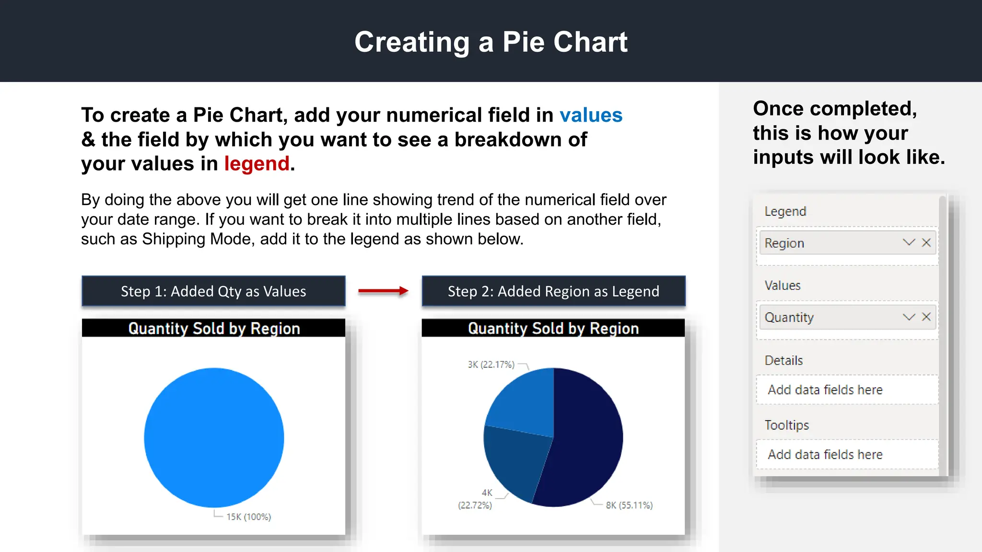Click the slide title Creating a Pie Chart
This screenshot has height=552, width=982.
491,42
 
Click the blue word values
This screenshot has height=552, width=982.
591,115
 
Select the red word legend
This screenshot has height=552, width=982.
257,164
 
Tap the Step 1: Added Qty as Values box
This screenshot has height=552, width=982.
213,291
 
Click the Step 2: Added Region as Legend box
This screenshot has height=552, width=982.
553,291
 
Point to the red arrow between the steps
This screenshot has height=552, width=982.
383,291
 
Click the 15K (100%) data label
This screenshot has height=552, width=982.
248,517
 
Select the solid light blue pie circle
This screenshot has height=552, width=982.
214,437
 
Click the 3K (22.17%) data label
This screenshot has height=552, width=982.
491,365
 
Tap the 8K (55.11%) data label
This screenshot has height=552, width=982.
629,506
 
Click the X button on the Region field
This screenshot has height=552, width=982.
926,242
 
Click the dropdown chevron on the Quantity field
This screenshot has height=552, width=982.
909,317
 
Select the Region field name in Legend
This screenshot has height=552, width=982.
784,243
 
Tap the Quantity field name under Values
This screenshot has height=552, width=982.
789,318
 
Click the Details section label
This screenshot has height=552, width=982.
783,360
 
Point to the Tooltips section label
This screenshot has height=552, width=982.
786,425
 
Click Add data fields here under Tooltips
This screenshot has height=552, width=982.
825,454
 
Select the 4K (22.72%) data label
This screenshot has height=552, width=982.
476,499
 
